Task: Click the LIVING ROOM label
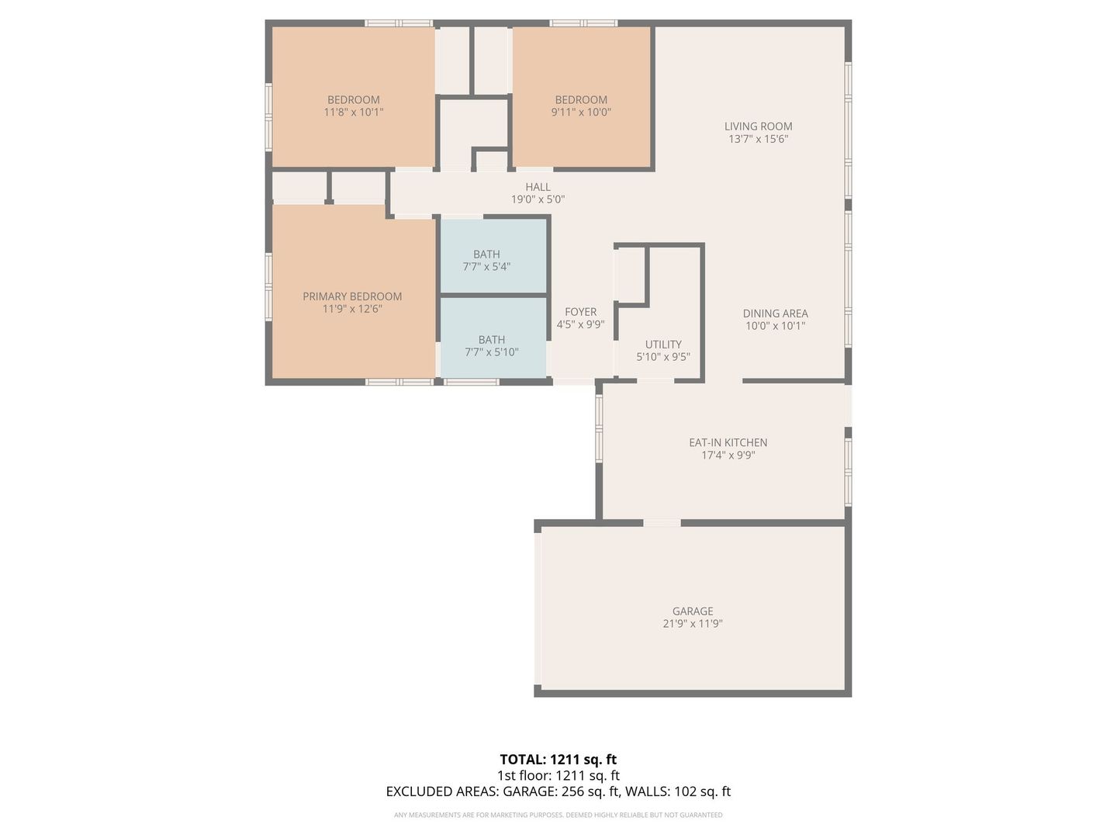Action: (758, 126)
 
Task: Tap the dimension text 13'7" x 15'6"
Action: (758, 139)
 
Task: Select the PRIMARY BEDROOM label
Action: (352, 296)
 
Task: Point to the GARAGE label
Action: (693, 611)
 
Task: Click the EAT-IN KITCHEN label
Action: (728, 442)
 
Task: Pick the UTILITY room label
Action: (663, 345)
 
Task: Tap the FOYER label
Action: (581, 312)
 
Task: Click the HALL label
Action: (538, 187)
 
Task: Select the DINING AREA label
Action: (775, 313)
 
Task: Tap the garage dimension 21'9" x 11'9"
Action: (693, 624)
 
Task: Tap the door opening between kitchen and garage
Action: (662, 523)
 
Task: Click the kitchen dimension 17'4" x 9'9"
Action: (728, 455)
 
